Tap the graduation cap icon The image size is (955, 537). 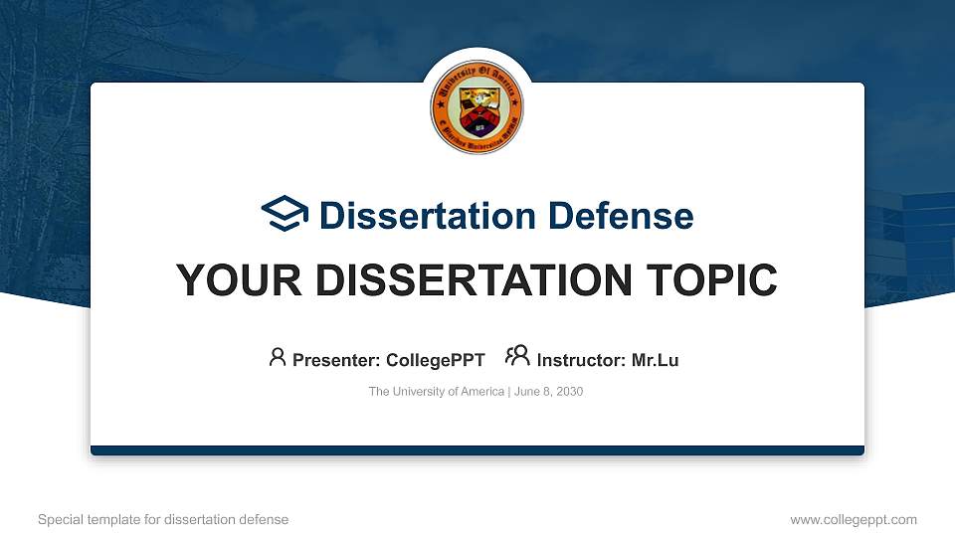click(x=285, y=215)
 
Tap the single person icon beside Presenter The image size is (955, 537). click(x=278, y=357)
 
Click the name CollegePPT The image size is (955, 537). click(x=436, y=360)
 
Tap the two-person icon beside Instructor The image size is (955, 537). click(x=517, y=357)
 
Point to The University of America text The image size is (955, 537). click(x=437, y=392)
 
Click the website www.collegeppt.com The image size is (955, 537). click(x=854, y=519)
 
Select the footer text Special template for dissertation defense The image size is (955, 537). click(x=163, y=519)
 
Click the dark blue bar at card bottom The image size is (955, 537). click(x=477, y=450)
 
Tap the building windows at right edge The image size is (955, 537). click(x=920, y=239)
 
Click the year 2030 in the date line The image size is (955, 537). click(x=569, y=392)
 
